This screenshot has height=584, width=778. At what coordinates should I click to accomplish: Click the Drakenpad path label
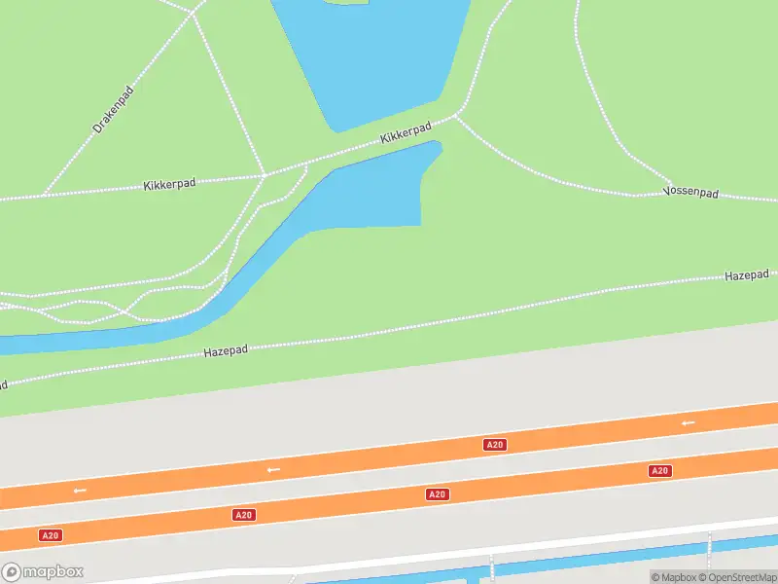pyautogui.click(x=113, y=109)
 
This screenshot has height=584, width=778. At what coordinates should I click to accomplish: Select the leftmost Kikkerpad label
pyautogui.click(x=169, y=184)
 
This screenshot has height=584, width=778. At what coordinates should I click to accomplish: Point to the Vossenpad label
pyautogui.click(x=690, y=193)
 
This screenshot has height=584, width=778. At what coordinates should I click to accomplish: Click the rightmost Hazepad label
pyautogui.click(x=746, y=276)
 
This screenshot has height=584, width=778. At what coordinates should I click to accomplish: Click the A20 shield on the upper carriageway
pyautogui.click(x=494, y=445)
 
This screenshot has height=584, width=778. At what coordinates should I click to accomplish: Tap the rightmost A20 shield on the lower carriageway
pyautogui.click(x=659, y=471)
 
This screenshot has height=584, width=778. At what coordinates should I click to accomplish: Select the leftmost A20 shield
pyautogui.click(x=50, y=535)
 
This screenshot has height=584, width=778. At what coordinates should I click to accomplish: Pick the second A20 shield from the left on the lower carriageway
pyautogui.click(x=244, y=515)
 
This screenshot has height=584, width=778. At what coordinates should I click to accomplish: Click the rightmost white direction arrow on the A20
pyautogui.click(x=689, y=422)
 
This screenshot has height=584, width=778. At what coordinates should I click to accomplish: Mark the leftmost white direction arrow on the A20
pyautogui.click(x=80, y=490)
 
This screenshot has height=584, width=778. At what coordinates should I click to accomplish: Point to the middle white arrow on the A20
pyautogui.click(x=274, y=469)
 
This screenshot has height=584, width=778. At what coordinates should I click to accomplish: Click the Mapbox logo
pyautogui.click(x=43, y=572)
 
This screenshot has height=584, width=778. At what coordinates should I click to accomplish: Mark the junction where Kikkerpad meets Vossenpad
pyautogui.click(x=455, y=116)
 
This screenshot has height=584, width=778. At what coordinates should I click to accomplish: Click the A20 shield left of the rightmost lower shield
pyautogui.click(x=438, y=494)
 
